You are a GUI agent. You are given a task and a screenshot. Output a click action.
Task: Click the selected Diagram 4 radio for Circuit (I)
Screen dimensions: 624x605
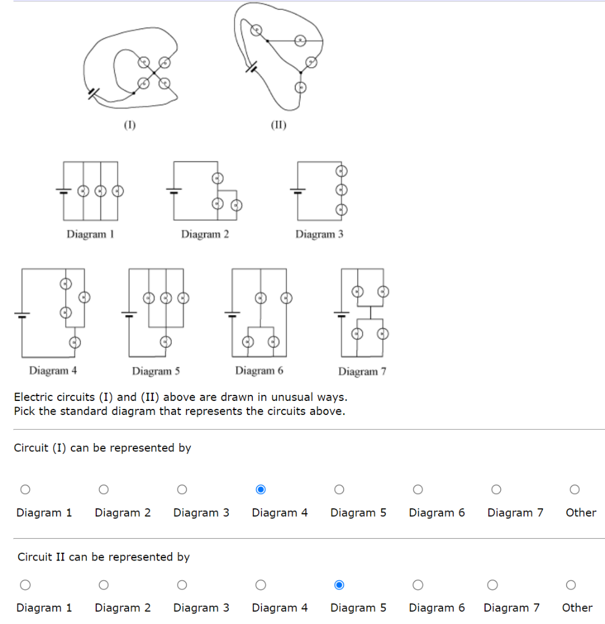pos(261,489)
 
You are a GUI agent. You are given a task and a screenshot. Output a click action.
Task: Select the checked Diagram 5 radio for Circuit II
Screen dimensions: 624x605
pos(339,585)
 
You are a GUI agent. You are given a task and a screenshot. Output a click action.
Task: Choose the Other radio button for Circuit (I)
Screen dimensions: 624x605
pos(574,489)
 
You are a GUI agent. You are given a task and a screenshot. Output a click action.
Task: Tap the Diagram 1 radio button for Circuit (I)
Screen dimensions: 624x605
pos(25,489)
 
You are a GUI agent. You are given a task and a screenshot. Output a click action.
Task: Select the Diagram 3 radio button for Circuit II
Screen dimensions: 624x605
pos(182,585)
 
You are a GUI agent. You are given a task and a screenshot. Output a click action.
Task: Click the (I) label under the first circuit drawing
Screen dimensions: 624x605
pos(130,126)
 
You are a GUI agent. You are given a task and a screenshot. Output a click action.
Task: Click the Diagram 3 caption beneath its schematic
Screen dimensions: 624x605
pos(319,234)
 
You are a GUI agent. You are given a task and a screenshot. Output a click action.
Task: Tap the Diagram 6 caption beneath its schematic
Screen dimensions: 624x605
pos(259,370)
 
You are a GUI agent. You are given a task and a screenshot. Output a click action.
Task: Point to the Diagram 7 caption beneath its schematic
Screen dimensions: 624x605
pos(362,371)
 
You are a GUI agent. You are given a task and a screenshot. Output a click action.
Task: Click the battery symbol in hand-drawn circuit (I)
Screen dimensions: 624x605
pos(92,94)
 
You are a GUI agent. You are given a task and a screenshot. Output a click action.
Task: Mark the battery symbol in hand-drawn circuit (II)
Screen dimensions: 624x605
pos(251,66)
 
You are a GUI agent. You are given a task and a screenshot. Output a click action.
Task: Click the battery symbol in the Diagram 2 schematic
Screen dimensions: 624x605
pos(174,191)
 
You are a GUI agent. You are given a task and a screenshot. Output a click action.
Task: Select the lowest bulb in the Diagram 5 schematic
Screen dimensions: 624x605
pos(165,342)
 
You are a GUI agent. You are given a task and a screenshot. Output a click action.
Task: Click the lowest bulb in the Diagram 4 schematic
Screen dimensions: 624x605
pos(74,342)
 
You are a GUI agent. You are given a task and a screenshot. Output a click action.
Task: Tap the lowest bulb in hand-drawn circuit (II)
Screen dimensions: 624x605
pos(299,87)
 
